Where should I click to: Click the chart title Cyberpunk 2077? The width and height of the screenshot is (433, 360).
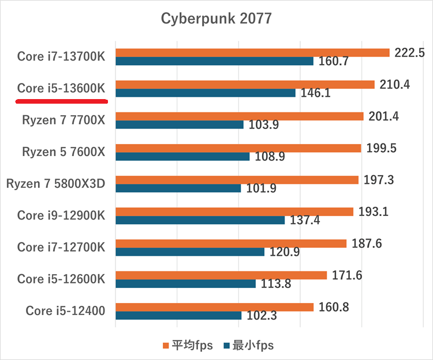pyautogui.click(x=216, y=19)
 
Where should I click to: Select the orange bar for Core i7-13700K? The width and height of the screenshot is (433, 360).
pyautogui.click(x=252, y=52)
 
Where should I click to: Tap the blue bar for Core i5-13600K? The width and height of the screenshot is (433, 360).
pyautogui.click(x=206, y=93)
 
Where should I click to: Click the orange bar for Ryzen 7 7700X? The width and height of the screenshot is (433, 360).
pyautogui.click(x=240, y=116)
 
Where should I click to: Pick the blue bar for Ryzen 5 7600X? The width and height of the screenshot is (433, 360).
pyautogui.click(x=182, y=157)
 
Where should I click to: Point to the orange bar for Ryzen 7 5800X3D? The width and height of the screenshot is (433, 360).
pyautogui.click(x=237, y=180)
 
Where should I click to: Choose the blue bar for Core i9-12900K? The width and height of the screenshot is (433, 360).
pyautogui.click(x=200, y=220)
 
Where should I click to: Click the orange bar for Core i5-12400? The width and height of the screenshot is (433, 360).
pyautogui.click(x=214, y=307)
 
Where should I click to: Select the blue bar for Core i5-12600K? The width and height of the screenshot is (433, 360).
pyautogui.click(x=185, y=283)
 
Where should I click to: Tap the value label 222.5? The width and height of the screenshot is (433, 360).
pyautogui.click(x=410, y=52)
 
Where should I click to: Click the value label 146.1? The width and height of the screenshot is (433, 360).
pyautogui.click(x=316, y=93)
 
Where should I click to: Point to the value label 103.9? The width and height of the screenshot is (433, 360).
pyautogui.click(x=264, y=124)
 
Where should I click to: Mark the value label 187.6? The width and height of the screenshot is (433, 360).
pyautogui.click(x=367, y=243)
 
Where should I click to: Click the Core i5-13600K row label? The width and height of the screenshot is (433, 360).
pyautogui.click(x=61, y=88)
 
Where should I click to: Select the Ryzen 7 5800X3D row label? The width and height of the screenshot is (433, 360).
pyautogui.click(x=55, y=184)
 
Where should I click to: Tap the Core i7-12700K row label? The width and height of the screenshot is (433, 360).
pyautogui.click(x=61, y=247)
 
